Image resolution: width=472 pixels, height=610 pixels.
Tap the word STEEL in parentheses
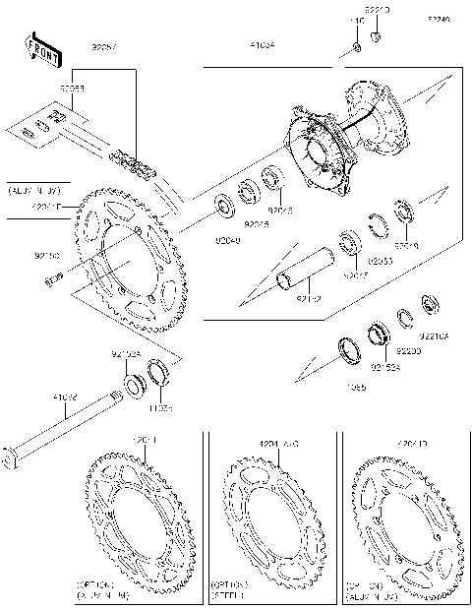(x=229, y=595)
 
